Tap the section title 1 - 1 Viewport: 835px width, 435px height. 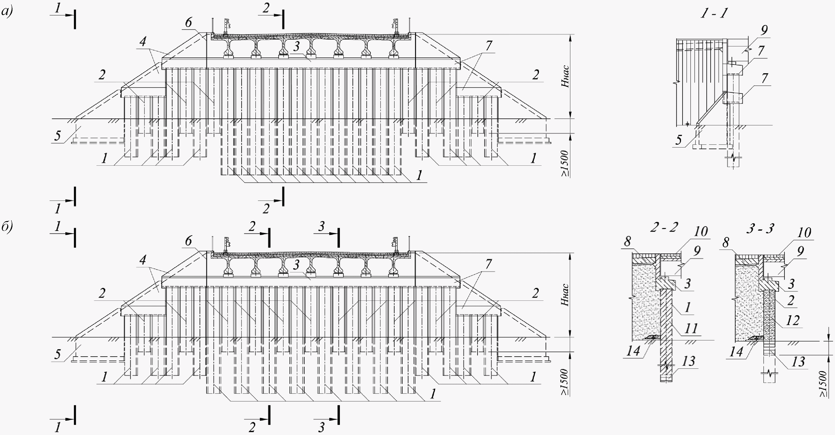(x=714, y=13)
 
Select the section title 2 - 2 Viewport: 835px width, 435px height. (x=664, y=227)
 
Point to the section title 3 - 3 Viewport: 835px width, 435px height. (x=760, y=229)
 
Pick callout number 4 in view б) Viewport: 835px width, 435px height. (x=143, y=259)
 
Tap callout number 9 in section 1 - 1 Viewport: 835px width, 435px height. (x=764, y=30)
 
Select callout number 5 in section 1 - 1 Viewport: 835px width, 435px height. (x=678, y=140)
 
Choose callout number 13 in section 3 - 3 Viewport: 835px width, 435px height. (x=798, y=362)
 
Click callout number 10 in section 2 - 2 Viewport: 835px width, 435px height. (x=700, y=231)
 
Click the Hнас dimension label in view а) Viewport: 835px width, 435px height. (x=565, y=76)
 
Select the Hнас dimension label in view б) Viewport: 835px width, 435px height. (x=565, y=295)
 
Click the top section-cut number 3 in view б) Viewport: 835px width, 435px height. (x=321, y=226)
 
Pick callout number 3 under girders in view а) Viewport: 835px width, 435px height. (x=296, y=46)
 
